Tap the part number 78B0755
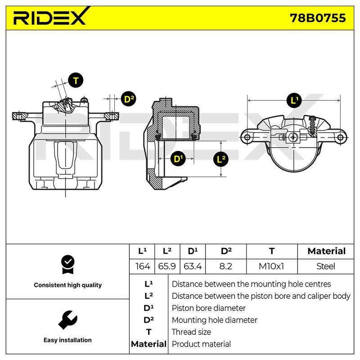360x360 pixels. pyautogui.click(x=318, y=18)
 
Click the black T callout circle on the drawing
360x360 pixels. pyautogui.click(x=76, y=81)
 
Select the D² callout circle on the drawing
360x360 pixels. pyautogui.click(x=129, y=99)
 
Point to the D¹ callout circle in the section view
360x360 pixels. pyautogui.click(x=178, y=159)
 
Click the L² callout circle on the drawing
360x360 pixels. pyautogui.click(x=221, y=159)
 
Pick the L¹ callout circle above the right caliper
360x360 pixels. pyautogui.click(x=294, y=100)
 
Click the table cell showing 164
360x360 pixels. pyautogui.click(x=143, y=266)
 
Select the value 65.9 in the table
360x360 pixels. pyautogui.click(x=167, y=266)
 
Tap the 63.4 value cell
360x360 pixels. pyautogui.click(x=193, y=266)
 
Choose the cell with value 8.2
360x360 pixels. pyautogui.click(x=226, y=266)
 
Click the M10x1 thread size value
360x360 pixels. pyautogui.click(x=271, y=266)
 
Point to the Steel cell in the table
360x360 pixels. pyautogui.click(x=325, y=266)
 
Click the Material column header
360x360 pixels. pyautogui.click(x=327, y=251)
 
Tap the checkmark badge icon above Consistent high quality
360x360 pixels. pyautogui.click(x=68, y=265)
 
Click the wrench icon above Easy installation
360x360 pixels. pyautogui.click(x=68, y=320)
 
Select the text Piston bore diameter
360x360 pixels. pyautogui.click(x=208, y=308)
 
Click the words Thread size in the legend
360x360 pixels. pyautogui.click(x=191, y=332)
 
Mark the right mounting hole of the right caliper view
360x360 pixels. pyautogui.click(x=340, y=138)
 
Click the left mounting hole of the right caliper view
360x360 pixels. pyautogui.click(x=247, y=138)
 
